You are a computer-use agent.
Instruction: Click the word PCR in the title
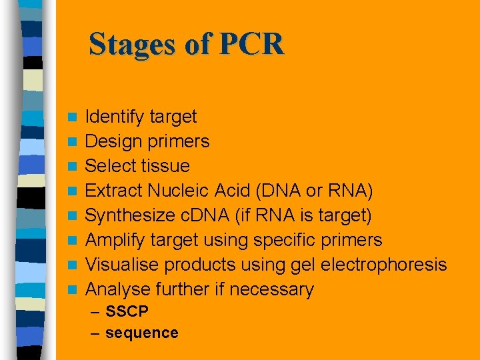point(251,45)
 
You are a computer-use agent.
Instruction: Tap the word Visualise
point(123,265)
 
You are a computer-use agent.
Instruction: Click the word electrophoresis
point(383,265)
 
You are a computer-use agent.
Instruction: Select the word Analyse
point(119,289)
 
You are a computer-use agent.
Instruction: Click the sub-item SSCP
point(127,311)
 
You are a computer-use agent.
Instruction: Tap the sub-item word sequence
point(142,333)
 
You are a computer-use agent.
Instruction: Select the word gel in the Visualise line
point(302,265)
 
